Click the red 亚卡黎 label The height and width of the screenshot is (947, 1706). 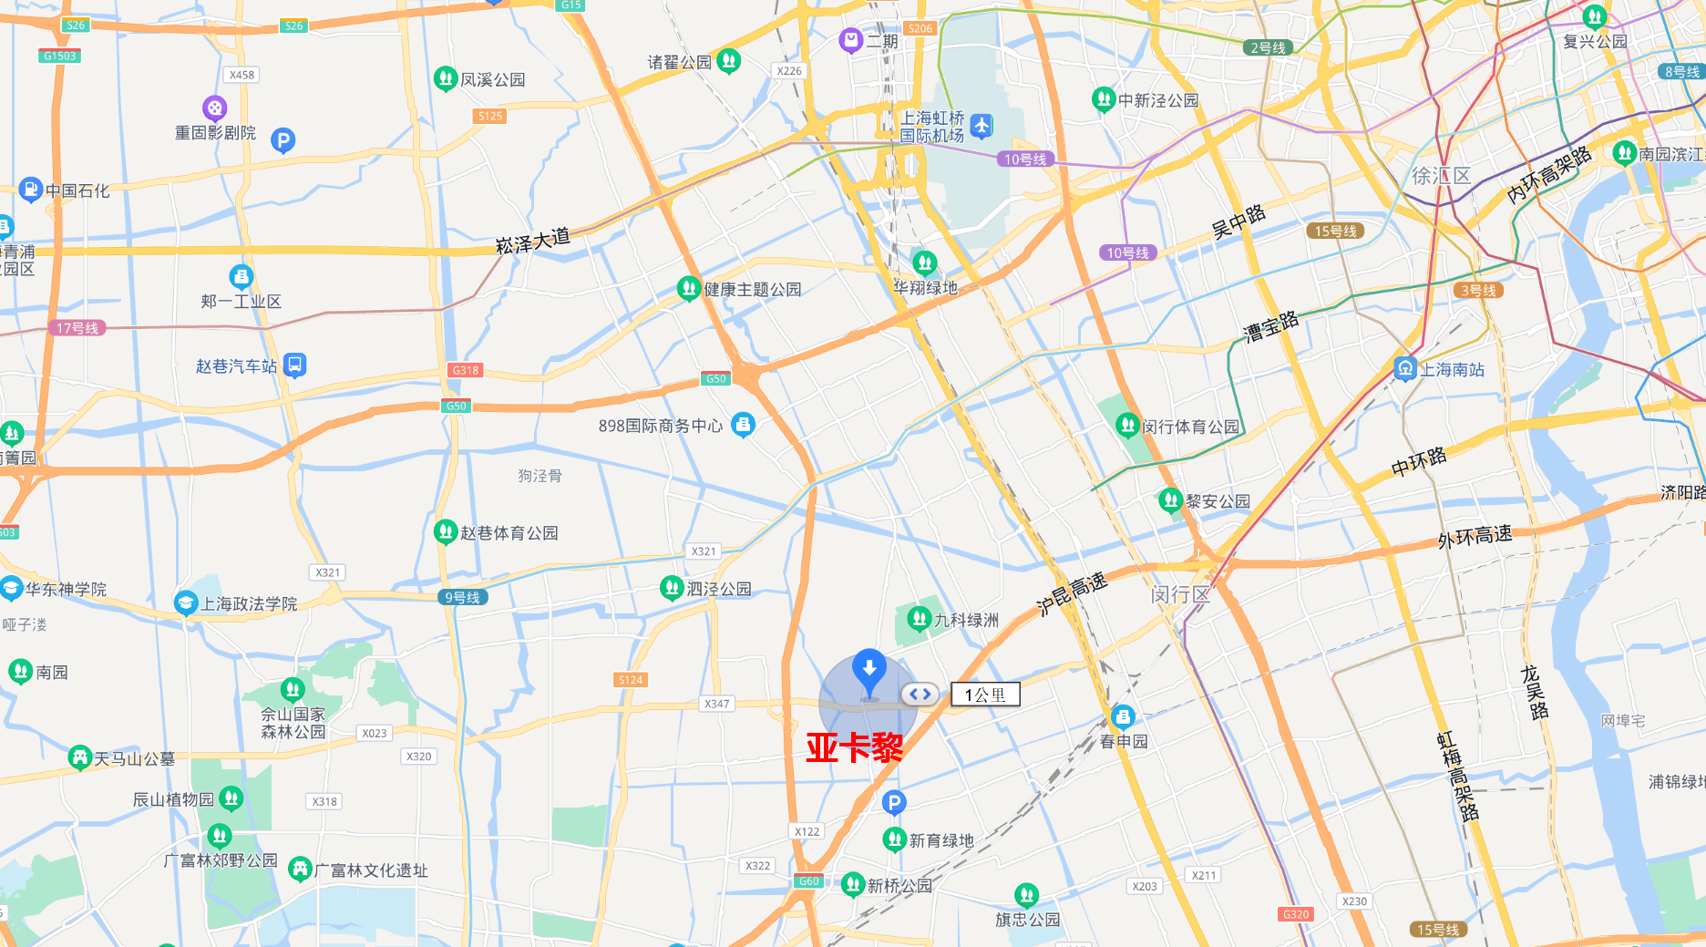coord(854,747)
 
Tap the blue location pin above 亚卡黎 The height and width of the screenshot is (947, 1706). coord(868,670)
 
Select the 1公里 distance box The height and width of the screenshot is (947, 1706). coord(985,695)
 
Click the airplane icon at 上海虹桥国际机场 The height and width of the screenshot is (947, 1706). coord(981,126)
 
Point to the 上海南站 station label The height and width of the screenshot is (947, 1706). coord(1452,370)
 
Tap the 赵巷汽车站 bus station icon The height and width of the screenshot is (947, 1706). coord(294,365)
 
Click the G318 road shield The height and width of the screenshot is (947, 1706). coord(466,370)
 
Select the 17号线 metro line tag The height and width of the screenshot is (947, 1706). coord(77,328)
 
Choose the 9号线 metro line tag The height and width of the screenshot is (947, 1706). coord(462,597)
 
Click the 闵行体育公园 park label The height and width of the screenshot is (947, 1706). coord(1190,427)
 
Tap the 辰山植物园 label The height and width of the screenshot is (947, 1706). coord(173,799)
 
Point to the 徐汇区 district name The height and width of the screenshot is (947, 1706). coord(1441,176)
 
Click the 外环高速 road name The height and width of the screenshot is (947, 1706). coord(1475,537)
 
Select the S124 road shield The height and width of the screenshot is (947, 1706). coord(631,679)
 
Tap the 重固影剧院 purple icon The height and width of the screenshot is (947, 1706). coord(214,109)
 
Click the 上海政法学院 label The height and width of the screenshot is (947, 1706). coord(249,603)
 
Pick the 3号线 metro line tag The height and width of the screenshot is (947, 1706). coord(1478,291)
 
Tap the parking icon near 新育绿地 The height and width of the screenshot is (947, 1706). coord(894,803)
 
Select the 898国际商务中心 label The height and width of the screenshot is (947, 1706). coord(661,426)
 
